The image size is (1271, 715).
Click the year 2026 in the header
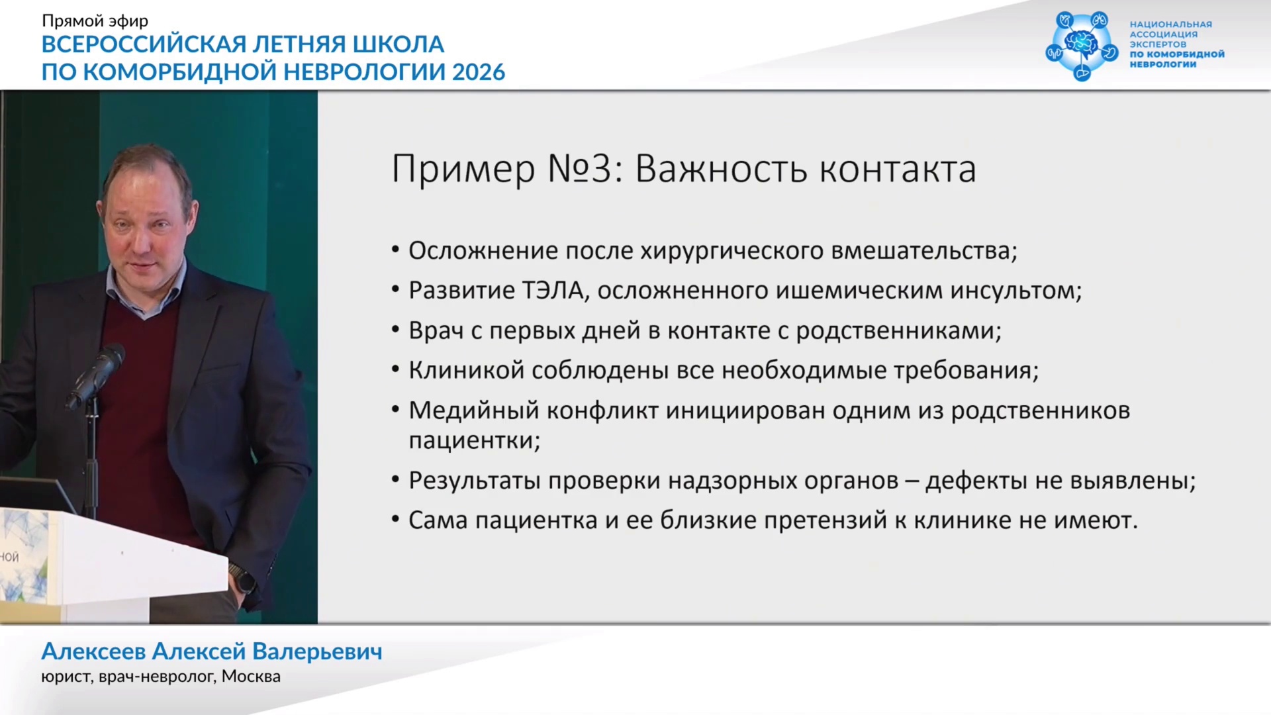(x=479, y=71)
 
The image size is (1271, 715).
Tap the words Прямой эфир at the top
(x=95, y=21)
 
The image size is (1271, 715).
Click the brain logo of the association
(x=1082, y=45)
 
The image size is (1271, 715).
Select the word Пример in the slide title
(x=463, y=169)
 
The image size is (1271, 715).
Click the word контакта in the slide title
(x=898, y=169)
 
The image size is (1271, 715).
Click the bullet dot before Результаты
(x=395, y=479)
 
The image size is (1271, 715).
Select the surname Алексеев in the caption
(x=93, y=651)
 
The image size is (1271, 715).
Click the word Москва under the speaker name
(x=252, y=677)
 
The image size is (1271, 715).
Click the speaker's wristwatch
(x=242, y=579)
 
